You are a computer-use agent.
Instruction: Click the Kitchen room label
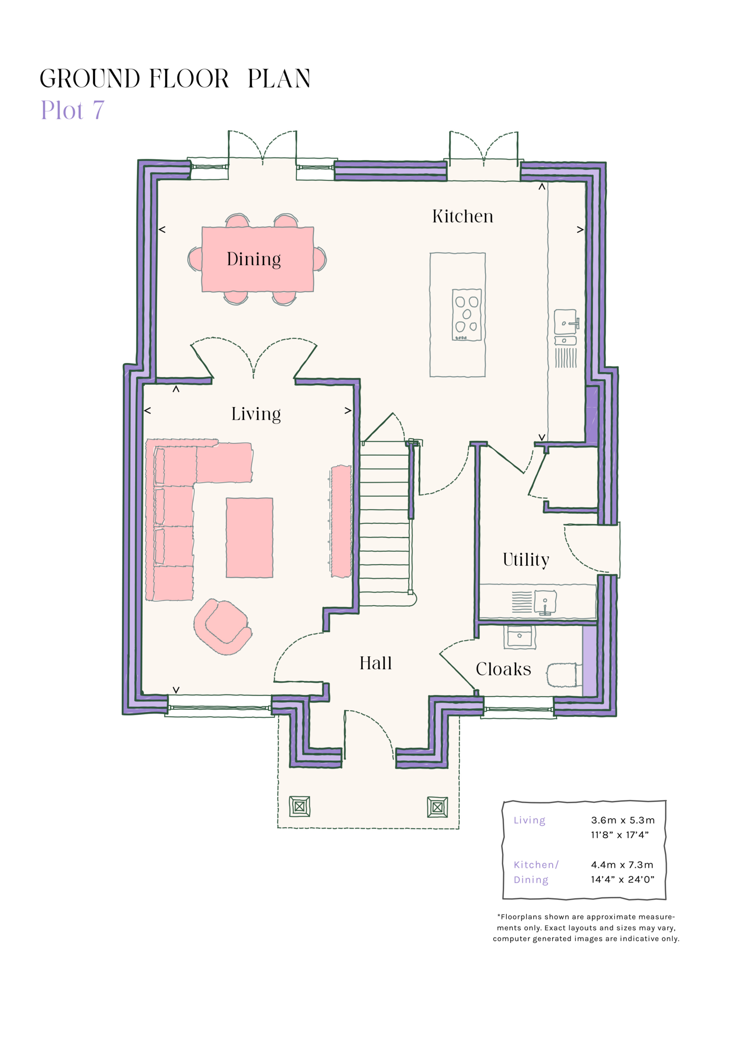coord(463,216)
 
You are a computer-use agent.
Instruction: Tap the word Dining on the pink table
coord(254,259)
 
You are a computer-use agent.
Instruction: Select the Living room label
coord(255,414)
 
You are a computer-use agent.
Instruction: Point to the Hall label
coord(375,663)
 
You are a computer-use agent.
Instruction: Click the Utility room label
coord(526,560)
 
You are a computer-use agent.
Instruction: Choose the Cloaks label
coord(503,669)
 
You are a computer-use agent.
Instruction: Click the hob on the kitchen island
coord(466,315)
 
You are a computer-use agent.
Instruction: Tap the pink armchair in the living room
coord(223,626)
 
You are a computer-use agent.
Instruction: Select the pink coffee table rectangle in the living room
coord(250,538)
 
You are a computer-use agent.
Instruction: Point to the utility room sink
coord(545,602)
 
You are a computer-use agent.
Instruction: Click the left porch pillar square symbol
coord(299,807)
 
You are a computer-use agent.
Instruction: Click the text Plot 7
coord(73,110)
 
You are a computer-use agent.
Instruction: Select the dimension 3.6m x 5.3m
coord(623,820)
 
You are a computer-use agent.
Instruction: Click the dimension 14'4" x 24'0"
coord(622,879)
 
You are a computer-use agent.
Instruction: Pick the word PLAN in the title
coord(279,79)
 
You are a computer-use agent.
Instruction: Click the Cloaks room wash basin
coord(519,637)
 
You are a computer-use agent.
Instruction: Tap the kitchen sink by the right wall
coord(566,322)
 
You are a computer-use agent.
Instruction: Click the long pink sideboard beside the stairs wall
coord(341,521)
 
